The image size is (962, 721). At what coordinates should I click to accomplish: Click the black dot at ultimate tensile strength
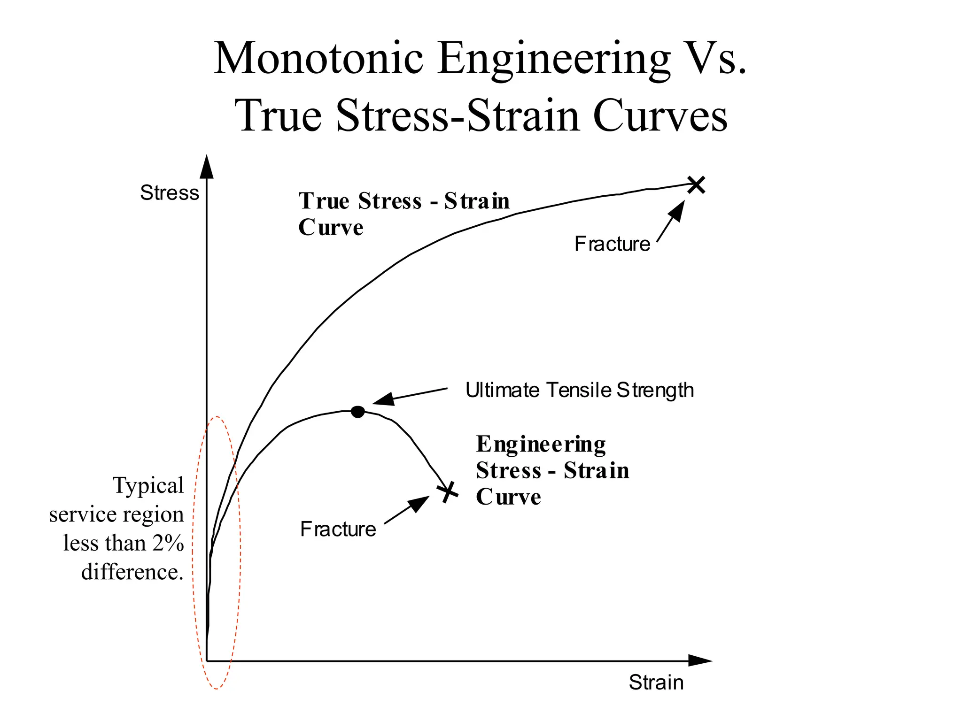[x=357, y=412]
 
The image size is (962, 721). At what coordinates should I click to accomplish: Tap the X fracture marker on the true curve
[x=696, y=184]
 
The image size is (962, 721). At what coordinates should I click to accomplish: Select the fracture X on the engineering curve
[x=448, y=492]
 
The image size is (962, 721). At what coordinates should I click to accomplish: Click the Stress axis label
[x=170, y=193]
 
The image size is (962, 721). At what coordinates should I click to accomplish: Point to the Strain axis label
[x=656, y=683]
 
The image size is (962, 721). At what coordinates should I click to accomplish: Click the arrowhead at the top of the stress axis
[x=207, y=166]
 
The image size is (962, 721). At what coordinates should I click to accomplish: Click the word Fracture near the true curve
[x=612, y=244]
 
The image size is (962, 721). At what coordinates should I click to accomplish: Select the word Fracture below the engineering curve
[x=338, y=529]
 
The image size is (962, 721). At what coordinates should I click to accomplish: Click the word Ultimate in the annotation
[x=502, y=390]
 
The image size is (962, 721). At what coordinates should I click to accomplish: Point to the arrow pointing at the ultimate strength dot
[x=410, y=396]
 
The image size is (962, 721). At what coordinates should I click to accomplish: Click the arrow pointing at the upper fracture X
[x=671, y=221]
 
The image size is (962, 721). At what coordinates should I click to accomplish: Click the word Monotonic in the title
[x=319, y=58]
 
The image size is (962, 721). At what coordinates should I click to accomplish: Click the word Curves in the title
[x=660, y=115]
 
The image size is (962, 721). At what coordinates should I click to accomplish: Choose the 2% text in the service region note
[x=168, y=543]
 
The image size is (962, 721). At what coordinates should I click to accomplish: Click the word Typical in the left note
[x=148, y=486]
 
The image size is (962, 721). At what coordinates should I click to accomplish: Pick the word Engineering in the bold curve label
[x=541, y=444]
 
